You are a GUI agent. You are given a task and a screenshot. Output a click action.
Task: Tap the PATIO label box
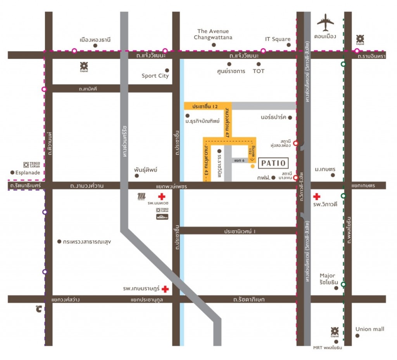click(x=273, y=163)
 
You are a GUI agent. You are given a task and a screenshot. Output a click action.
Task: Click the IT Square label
click(x=278, y=39)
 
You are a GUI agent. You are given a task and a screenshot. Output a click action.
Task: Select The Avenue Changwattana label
click(x=213, y=34)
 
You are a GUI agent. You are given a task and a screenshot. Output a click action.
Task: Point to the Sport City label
click(x=155, y=76)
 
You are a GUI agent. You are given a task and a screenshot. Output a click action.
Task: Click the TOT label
click(x=258, y=71)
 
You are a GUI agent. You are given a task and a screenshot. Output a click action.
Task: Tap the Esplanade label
click(x=28, y=173)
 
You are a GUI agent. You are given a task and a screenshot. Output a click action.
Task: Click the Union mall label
click(x=370, y=329)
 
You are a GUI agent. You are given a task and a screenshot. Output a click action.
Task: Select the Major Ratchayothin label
click(x=327, y=279)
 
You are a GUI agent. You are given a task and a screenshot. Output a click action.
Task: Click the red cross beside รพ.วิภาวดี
click(x=317, y=197)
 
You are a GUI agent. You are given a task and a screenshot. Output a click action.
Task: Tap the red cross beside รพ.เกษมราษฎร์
click(x=165, y=289)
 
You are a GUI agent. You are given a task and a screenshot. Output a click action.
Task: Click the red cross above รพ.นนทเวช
click(x=162, y=197)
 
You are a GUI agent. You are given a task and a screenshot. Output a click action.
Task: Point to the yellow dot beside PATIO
click(x=252, y=166)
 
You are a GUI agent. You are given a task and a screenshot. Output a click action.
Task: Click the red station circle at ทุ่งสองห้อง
click(x=295, y=143)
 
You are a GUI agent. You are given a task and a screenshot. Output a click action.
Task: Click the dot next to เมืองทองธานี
click(x=95, y=45)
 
